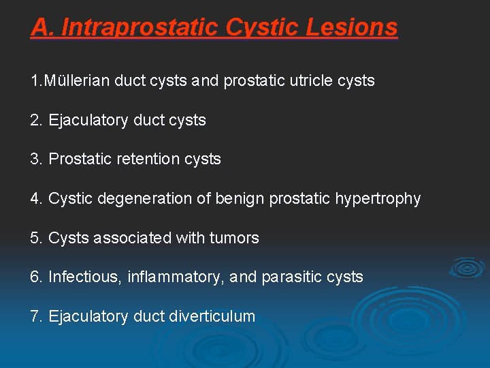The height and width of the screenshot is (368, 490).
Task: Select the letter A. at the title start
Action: pyautogui.click(x=41, y=27)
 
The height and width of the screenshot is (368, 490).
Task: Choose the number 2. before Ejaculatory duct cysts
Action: pyautogui.click(x=37, y=120)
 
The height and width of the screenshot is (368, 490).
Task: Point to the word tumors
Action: pyautogui.click(x=235, y=239)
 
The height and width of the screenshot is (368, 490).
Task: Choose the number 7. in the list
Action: pyautogui.click(x=37, y=317)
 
